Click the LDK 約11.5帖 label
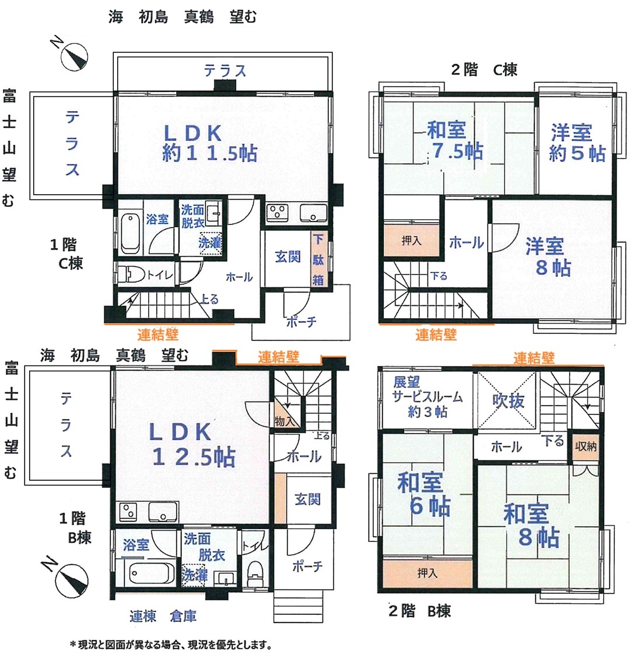pyautogui.click(x=209, y=143)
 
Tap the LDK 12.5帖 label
pyautogui.click(x=192, y=444)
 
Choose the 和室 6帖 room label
pyautogui.click(x=423, y=494)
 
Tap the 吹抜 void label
pyautogui.click(x=508, y=401)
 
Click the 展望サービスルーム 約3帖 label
pyautogui.click(x=427, y=396)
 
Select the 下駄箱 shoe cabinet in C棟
pyautogui.click(x=318, y=259)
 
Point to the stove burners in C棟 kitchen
pyautogui.click(x=277, y=212)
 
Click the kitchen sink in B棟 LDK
pyautogui.click(x=163, y=512)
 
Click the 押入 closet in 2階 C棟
pyautogui.click(x=411, y=241)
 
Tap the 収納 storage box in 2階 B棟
pyautogui.click(x=585, y=446)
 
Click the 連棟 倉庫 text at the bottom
pyautogui.click(x=163, y=616)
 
